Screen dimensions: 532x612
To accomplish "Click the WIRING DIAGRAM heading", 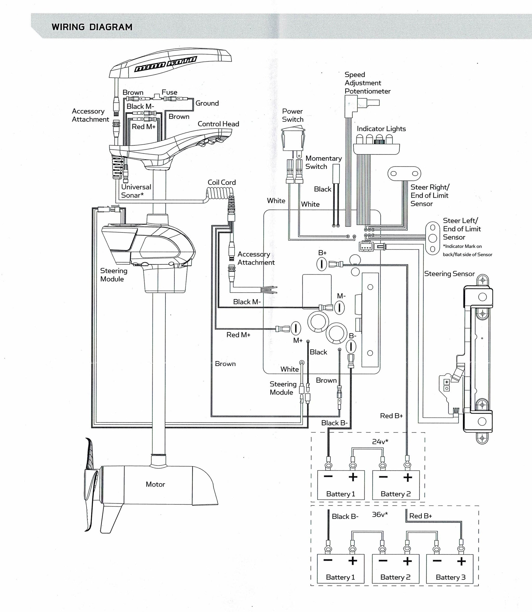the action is (x=92, y=27).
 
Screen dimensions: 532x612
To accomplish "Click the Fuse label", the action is (x=169, y=92).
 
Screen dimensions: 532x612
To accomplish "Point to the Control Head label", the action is (x=218, y=124).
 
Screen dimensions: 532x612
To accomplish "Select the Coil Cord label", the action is (x=222, y=183).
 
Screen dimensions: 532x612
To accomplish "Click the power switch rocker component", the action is (x=293, y=139).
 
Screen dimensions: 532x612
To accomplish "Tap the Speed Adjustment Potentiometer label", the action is (x=368, y=83).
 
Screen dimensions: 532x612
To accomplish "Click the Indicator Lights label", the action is (x=381, y=129).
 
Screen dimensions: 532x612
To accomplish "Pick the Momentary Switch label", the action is (x=324, y=162).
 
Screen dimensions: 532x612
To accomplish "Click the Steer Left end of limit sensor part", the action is (x=433, y=238).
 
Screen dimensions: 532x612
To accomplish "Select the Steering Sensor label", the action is (x=449, y=274).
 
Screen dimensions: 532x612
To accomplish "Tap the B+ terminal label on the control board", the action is (x=322, y=253).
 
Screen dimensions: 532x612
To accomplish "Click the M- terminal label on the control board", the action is (x=341, y=296).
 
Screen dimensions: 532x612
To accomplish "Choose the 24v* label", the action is (x=380, y=442).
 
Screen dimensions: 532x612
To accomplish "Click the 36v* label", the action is (x=380, y=514).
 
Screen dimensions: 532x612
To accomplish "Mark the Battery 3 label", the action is (x=451, y=577).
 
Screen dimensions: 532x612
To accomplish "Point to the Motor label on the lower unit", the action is (x=155, y=484).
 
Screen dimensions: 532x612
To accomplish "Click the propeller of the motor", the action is (x=91, y=481).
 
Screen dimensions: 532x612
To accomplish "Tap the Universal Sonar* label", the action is (x=136, y=191).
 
